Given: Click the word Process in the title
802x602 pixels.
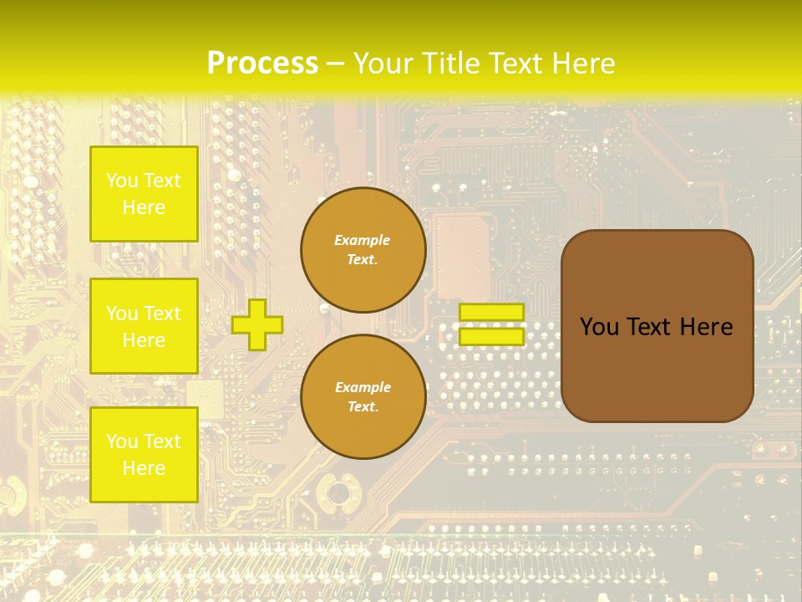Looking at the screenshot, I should pyautogui.click(x=262, y=63).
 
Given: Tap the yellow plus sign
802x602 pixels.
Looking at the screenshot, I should pyautogui.click(x=257, y=324).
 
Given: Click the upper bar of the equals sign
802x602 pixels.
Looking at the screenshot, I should pyautogui.click(x=491, y=312).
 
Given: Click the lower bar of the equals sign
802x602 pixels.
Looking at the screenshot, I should pyautogui.click(x=491, y=337).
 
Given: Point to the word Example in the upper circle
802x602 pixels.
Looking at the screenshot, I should pyautogui.click(x=363, y=240).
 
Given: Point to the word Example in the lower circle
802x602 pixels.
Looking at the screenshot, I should pyautogui.click(x=363, y=387).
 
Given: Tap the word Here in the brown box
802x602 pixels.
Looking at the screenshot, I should pyautogui.click(x=706, y=327).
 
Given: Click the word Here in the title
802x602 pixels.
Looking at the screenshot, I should pyautogui.click(x=583, y=63).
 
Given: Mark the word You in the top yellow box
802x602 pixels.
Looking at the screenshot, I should pyautogui.click(x=122, y=181).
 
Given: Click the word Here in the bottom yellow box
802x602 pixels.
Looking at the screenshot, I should pyautogui.click(x=144, y=468).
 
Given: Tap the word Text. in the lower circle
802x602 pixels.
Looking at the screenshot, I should pyautogui.click(x=363, y=407).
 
